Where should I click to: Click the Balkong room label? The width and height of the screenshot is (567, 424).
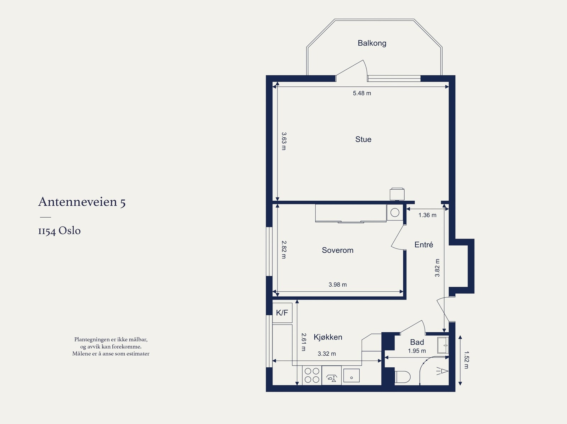point(372,43)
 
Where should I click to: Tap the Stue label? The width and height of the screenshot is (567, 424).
point(363,139)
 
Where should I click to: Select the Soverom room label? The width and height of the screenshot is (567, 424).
point(338,250)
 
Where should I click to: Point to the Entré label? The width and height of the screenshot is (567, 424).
point(423,245)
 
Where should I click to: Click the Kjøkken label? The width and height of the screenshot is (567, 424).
point(328,337)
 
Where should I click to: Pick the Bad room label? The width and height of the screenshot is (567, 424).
point(417,342)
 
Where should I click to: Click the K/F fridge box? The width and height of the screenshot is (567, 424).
point(282,313)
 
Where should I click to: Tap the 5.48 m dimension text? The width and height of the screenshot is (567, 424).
point(362,93)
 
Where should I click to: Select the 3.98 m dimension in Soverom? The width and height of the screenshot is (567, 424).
point(338,285)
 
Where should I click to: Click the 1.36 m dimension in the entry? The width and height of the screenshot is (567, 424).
point(427,215)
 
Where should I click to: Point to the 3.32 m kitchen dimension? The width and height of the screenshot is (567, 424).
point(327,354)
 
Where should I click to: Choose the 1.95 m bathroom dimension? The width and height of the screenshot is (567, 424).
point(417,351)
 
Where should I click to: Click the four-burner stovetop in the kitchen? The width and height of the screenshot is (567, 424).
point(312,375)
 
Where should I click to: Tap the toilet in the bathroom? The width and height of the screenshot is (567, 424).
point(403,377)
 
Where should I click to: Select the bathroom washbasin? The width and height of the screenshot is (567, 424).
point(443,345)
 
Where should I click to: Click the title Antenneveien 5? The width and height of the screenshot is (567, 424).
point(82,202)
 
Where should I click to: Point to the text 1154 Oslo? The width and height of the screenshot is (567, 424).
point(60,231)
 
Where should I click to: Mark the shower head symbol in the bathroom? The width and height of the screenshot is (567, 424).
point(442,371)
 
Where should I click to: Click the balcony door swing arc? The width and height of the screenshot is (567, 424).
point(365,68)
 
